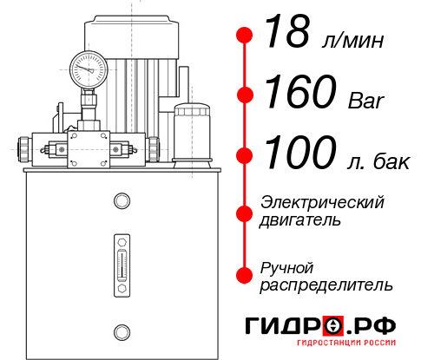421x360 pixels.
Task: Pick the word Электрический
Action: click(322, 202)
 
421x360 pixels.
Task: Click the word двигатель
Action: click(300, 220)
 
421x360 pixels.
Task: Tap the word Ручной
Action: click(287, 266)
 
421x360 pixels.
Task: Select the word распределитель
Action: click(326, 285)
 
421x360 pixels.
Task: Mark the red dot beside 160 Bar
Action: click(246, 94)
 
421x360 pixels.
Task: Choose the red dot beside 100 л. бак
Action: click(246, 154)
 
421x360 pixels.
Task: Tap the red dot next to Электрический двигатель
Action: click(246, 211)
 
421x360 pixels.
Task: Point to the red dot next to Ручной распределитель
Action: click(246, 274)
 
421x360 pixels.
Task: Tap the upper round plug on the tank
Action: click(121, 202)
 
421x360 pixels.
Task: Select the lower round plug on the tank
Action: click(121, 331)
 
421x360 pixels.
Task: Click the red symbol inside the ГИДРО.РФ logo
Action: click(332, 326)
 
